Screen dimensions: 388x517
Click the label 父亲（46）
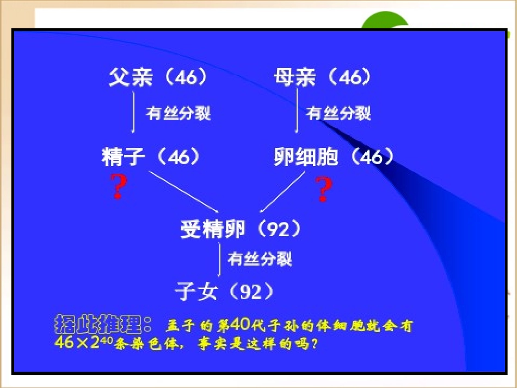[x=158, y=78]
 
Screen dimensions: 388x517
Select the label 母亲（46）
[x=323, y=78]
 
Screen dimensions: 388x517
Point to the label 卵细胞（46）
[x=333, y=157]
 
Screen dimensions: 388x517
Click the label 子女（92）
[x=224, y=292]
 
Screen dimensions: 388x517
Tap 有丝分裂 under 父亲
[x=179, y=113]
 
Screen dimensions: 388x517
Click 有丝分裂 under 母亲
[x=338, y=113]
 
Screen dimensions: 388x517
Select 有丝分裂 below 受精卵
[x=260, y=259]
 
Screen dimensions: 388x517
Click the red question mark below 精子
[x=119, y=187]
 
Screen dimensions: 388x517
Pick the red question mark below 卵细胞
[x=323, y=189]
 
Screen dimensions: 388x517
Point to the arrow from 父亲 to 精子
[x=134, y=112]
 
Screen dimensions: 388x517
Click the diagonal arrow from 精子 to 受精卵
[x=183, y=192]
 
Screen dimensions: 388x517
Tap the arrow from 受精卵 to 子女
[x=219, y=260]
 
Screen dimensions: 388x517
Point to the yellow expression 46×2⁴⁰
[x=82, y=343]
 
